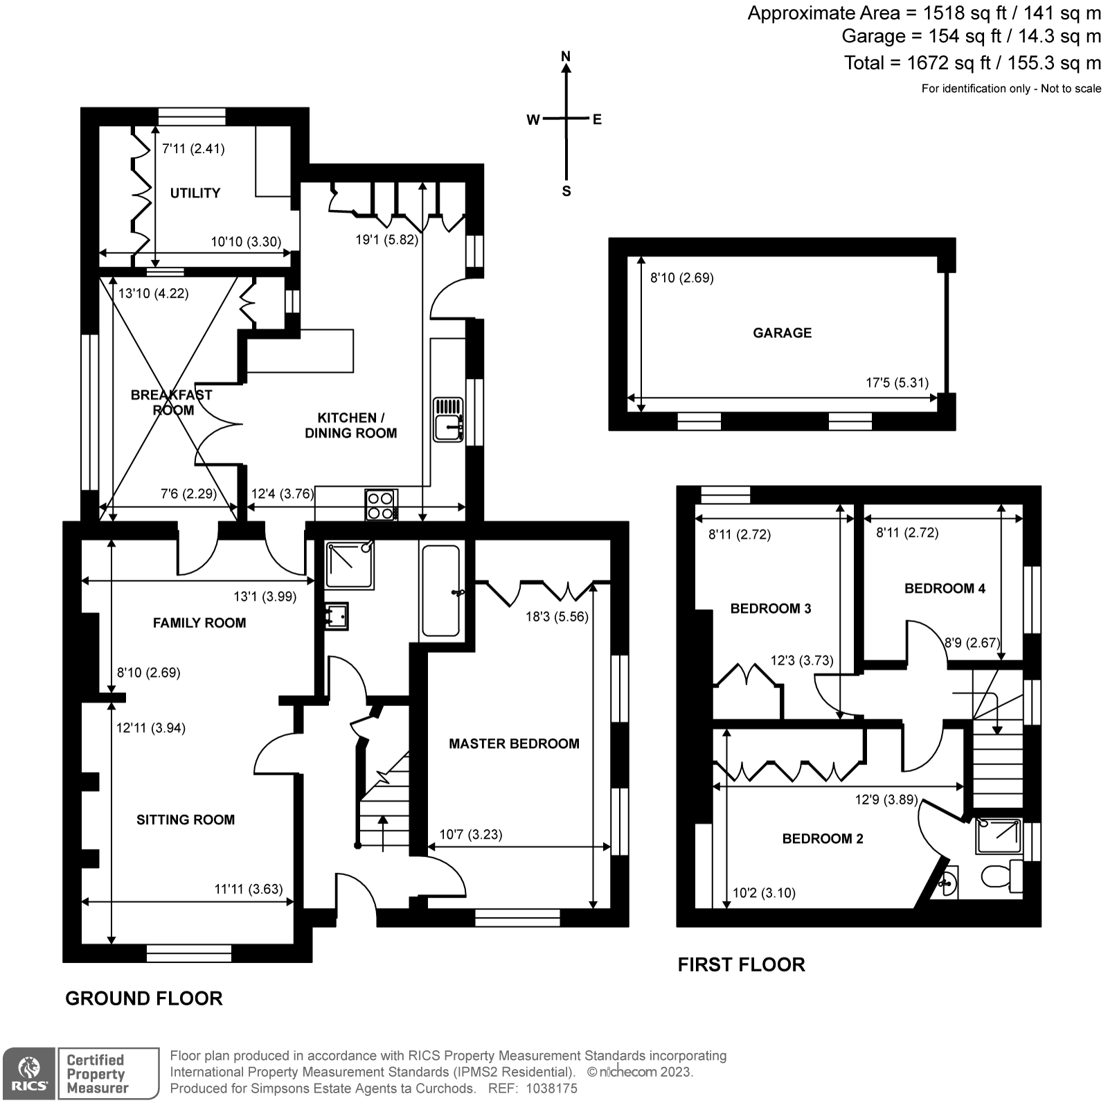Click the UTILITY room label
pos(195,193)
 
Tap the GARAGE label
pos(782,333)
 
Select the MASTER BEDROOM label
pos(514,743)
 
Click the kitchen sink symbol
pos(448,418)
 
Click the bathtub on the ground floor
pos(440,590)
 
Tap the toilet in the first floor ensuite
pos(1001,876)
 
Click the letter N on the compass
pos(566,57)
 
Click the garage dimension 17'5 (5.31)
pos(897,382)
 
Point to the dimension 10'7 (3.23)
pos(471,834)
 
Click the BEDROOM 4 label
pos(945,588)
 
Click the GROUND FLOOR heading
pos(144,998)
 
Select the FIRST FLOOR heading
pos(741,964)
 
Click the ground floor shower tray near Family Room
pos(350,565)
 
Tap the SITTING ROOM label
pos(186,820)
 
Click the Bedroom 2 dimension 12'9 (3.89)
pos(886,800)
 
